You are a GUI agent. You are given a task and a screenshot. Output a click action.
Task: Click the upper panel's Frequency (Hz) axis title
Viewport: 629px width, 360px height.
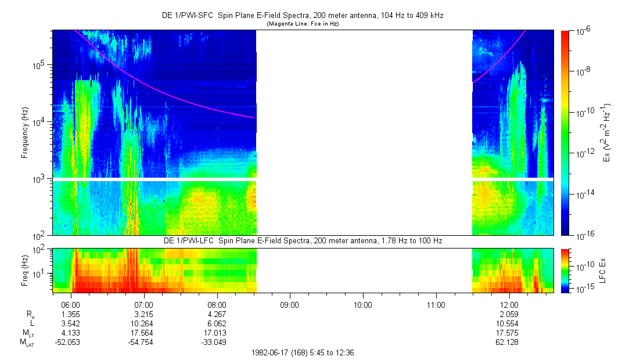(25, 133)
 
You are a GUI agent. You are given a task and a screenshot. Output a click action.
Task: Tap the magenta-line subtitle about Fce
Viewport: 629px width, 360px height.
(302, 24)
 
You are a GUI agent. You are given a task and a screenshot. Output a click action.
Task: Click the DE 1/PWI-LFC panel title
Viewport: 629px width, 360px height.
(302, 240)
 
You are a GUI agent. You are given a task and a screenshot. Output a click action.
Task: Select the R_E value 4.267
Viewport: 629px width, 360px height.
(217, 314)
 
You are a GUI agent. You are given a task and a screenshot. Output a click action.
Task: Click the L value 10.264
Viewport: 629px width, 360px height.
(143, 323)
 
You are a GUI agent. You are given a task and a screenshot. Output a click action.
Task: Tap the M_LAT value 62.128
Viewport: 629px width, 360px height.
(509, 342)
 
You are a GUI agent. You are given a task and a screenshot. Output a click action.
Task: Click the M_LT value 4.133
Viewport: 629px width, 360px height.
(70, 333)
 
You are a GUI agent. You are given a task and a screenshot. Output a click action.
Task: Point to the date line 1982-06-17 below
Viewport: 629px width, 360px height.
(302, 352)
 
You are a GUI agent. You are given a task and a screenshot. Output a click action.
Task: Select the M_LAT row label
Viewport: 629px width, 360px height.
(27, 343)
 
